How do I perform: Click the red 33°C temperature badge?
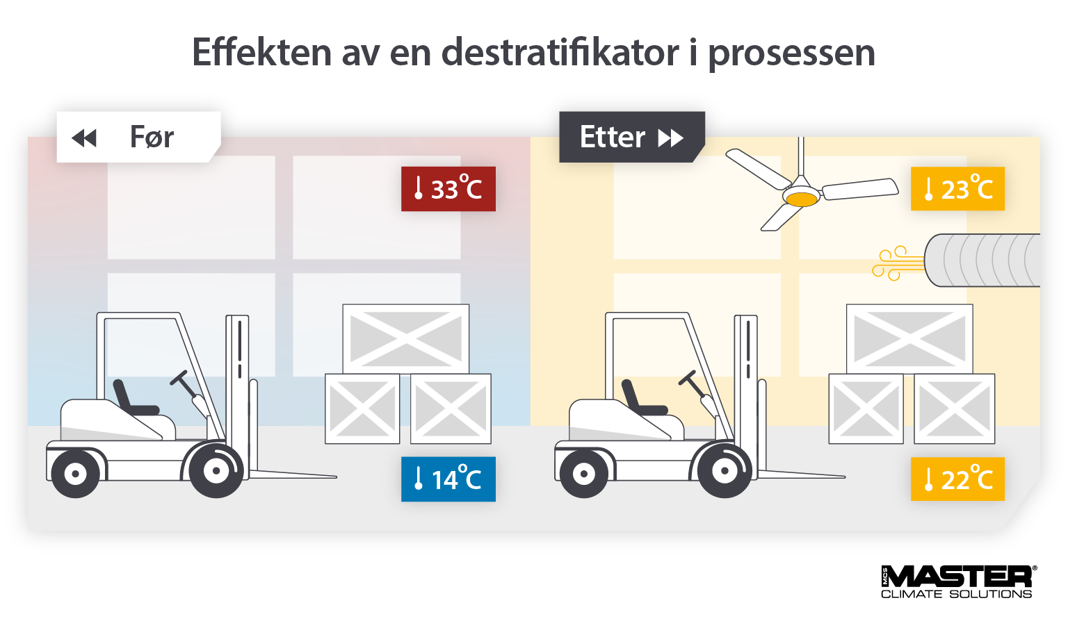click(448, 189)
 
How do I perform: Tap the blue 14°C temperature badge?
click(448, 479)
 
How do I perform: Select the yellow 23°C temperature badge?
click(957, 189)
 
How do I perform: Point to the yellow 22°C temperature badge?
click(957, 479)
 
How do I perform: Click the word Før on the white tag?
click(152, 138)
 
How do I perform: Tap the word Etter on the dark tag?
click(612, 138)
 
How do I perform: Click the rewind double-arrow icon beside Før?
click(84, 138)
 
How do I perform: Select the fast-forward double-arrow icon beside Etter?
click(671, 138)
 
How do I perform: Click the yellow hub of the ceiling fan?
click(802, 199)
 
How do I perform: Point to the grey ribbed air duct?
click(982, 261)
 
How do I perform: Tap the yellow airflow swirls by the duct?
click(898, 263)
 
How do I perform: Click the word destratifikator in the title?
click(560, 52)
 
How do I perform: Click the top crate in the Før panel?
click(406, 339)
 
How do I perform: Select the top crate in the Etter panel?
click(909, 339)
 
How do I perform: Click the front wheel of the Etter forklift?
click(725, 471)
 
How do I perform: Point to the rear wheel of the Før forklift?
click(75, 474)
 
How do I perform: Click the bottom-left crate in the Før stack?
click(362, 409)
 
